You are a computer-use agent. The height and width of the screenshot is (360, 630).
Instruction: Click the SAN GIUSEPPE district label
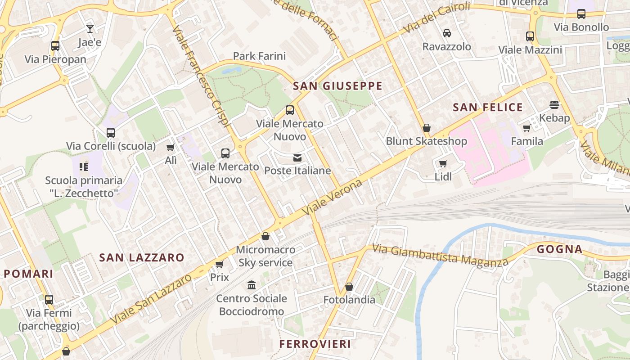(x=337, y=86)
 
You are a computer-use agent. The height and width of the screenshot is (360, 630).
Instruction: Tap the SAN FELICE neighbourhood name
(x=488, y=107)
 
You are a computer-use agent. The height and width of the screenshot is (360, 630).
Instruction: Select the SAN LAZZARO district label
(x=142, y=257)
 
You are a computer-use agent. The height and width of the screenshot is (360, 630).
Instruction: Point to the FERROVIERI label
(x=315, y=344)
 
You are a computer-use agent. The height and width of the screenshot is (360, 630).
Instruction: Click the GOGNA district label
(x=560, y=249)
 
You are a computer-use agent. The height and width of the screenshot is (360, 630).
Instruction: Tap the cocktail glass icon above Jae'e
(x=90, y=29)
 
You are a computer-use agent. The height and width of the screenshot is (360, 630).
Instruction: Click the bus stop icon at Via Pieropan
(x=55, y=45)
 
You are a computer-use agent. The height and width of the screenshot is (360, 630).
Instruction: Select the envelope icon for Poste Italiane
(x=297, y=157)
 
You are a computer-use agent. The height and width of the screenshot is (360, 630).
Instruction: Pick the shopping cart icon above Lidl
(x=443, y=163)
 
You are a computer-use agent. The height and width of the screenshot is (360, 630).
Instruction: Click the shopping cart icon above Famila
(x=526, y=128)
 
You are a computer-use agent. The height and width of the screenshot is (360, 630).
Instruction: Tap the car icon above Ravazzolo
(x=447, y=33)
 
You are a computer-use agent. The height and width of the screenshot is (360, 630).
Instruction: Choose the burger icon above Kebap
(x=554, y=105)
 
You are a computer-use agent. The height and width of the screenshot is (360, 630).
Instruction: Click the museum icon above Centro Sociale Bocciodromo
(x=252, y=285)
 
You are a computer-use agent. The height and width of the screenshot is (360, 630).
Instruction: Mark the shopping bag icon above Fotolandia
(x=349, y=286)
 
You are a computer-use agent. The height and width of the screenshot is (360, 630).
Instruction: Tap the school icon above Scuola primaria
(x=83, y=167)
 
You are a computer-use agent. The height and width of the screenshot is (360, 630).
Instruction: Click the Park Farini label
(x=259, y=56)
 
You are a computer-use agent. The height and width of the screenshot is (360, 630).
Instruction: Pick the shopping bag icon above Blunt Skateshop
(x=427, y=128)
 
